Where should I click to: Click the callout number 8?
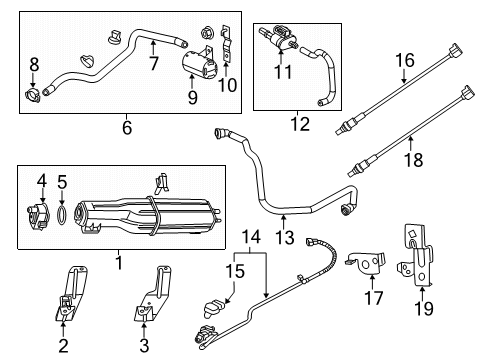click(34, 66)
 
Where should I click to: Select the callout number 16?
click(404, 61)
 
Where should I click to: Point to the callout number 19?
click(423, 309)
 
